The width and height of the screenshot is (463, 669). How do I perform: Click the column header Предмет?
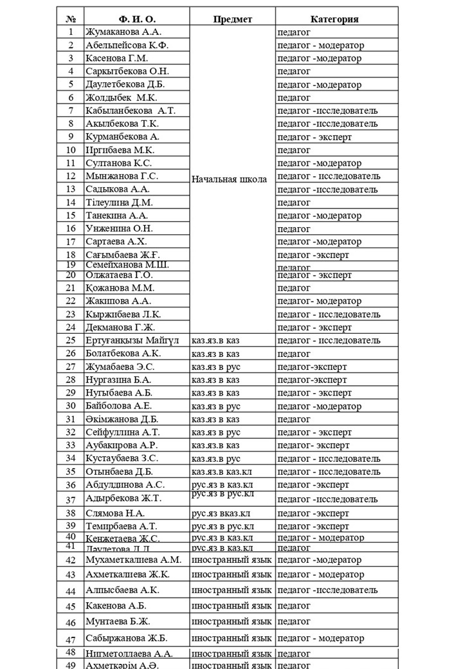[233, 19]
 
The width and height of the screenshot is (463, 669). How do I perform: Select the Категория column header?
[334, 19]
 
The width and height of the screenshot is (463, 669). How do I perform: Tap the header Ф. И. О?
[136, 19]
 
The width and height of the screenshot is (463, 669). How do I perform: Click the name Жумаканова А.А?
[124, 32]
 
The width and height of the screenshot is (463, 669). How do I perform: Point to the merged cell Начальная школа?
[229, 179]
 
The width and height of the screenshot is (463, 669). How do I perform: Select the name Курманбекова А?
[122, 136]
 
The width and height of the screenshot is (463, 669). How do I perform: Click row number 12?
[71, 176]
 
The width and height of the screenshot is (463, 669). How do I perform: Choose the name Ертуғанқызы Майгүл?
[132, 340]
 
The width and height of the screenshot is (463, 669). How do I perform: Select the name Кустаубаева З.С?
[122, 458]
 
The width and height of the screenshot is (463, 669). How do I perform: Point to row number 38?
[71, 513]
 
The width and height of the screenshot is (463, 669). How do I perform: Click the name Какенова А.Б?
[116, 606]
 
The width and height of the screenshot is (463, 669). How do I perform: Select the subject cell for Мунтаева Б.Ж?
[232, 621]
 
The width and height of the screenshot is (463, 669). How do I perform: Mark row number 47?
[71, 639]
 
